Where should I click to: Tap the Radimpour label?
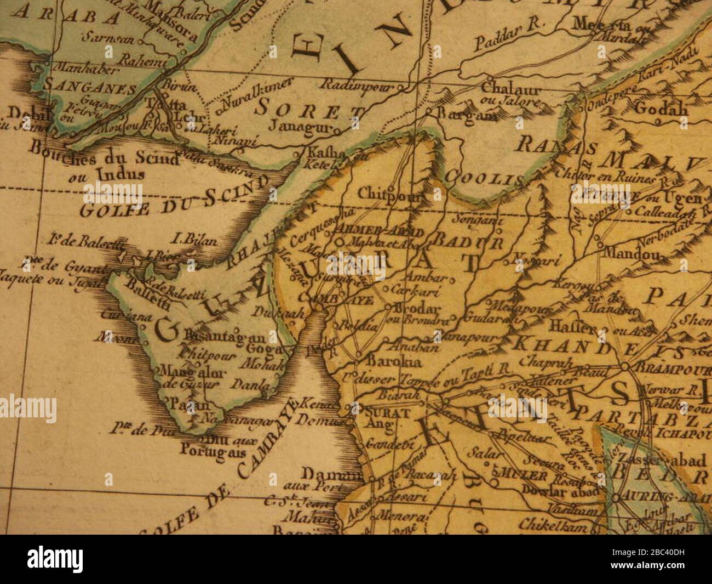click(x=351, y=84)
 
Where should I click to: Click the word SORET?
click(x=309, y=108)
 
